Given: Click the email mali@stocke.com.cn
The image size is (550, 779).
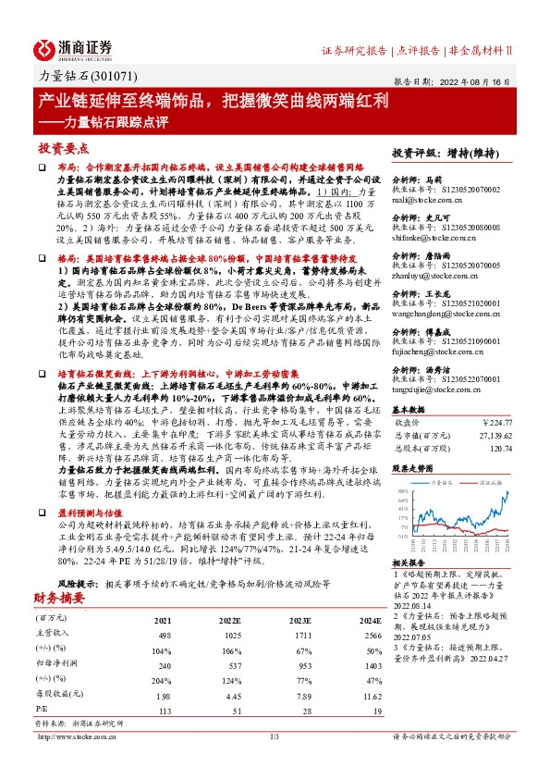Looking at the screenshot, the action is click(x=422, y=198).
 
